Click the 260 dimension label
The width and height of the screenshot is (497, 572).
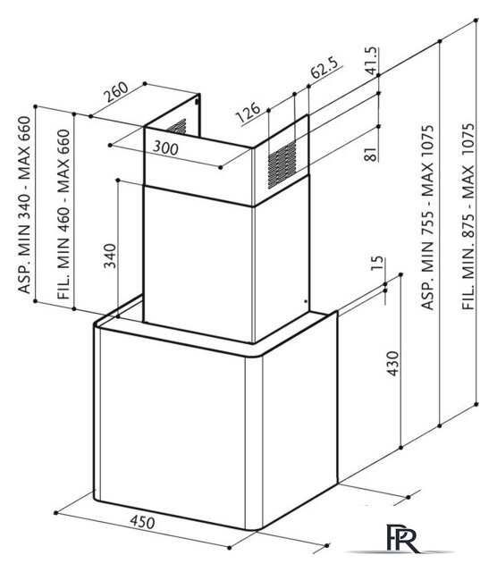tap(116, 91)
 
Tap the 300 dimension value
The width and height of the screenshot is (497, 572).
tap(165, 147)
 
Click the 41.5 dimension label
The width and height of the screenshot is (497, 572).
tap(372, 61)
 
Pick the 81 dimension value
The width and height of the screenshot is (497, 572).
tap(370, 155)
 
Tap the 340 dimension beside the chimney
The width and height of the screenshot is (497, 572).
tap(110, 257)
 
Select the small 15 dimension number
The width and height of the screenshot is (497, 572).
tap(378, 264)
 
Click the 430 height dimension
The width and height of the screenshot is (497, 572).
tap(393, 364)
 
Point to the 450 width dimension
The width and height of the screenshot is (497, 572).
tap(143, 522)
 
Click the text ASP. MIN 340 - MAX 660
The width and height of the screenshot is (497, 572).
tap(24, 205)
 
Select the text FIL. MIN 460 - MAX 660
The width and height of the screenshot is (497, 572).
tap(63, 214)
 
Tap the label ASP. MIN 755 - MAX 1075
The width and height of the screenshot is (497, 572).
tap(427, 218)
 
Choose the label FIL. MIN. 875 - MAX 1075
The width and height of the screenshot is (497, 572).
tap(468, 216)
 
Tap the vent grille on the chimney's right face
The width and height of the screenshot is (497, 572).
tap(282, 164)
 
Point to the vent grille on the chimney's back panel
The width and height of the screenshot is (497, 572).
tap(177, 127)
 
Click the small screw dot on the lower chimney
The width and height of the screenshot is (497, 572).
tap(306, 301)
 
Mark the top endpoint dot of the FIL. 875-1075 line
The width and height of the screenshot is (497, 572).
tap(476, 20)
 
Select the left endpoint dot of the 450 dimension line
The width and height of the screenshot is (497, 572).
tap(55, 513)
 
